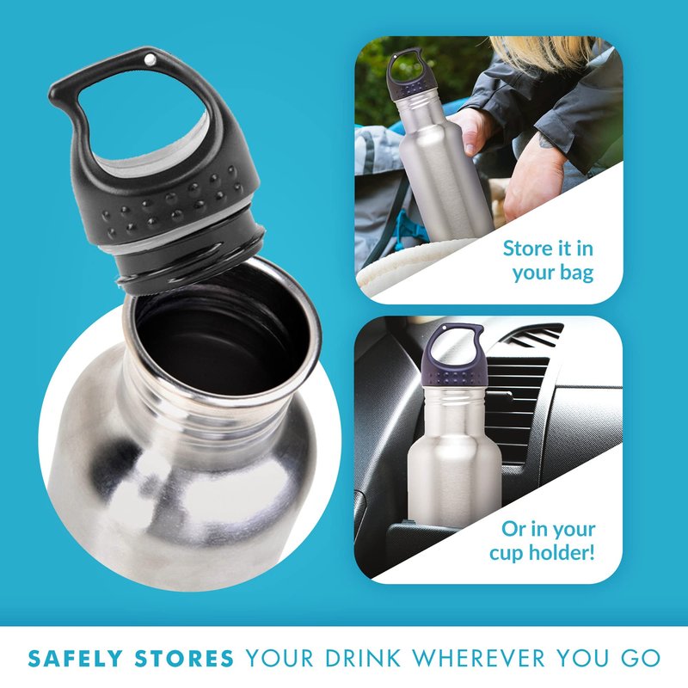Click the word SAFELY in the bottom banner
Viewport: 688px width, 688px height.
(x=75, y=659)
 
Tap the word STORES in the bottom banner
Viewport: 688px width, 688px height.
(x=184, y=659)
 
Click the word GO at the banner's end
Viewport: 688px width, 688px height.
(x=641, y=659)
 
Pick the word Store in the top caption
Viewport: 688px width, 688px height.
(x=525, y=249)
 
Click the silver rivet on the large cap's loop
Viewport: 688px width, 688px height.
(x=150, y=59)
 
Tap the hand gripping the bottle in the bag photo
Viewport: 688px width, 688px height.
(x=472, y=130)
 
